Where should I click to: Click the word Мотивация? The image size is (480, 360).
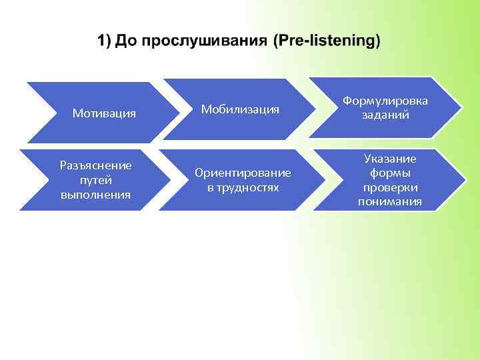pos(104,113)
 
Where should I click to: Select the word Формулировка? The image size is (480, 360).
pos(385,101)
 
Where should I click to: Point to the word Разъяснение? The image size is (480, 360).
pos(95,165)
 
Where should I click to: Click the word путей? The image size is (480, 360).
pos(95,180)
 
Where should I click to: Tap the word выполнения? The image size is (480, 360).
pos(95,195)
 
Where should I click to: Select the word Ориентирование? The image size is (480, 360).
pos(243,173)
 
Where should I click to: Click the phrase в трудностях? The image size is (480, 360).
pos(243,187)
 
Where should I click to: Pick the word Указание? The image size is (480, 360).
pos(389,158)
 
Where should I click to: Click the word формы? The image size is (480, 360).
pos(389,173)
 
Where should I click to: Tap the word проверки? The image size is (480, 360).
pos(389,187)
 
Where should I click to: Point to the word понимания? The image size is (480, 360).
pos(389,201)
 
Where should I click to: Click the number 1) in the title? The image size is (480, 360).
pos(105,41)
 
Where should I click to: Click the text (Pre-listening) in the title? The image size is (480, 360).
pos(327,41)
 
